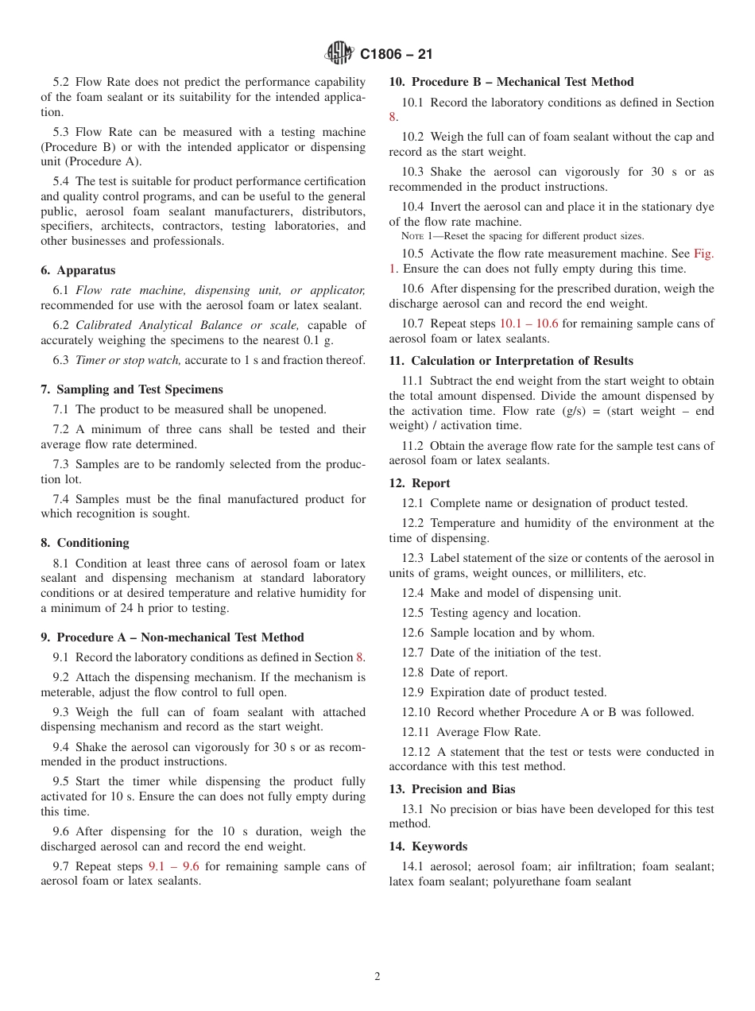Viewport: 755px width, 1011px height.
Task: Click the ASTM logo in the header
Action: pos(339,54)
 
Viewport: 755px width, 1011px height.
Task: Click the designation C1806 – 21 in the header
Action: pos(396,55)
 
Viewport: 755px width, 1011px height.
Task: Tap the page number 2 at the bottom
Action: pos(377,977)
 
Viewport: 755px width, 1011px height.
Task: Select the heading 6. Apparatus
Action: pos(78,270)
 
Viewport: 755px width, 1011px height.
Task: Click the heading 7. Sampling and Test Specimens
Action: pos(132,389)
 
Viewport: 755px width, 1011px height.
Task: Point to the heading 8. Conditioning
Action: pos(85,543)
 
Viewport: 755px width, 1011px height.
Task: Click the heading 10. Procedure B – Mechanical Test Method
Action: pos(511,82)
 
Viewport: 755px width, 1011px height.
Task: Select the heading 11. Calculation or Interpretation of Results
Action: pos(511,361)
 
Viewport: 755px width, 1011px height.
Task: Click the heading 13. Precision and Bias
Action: pos(452,789)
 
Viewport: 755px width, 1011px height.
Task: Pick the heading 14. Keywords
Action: pos(428,846)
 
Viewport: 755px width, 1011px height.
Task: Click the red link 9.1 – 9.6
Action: pos(173,866)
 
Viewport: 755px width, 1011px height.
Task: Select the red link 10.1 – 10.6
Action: pos(528,323)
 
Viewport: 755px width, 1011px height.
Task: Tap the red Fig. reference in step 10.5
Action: pos(703,254)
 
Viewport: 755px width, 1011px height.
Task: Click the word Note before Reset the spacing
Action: pos(412,236)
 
